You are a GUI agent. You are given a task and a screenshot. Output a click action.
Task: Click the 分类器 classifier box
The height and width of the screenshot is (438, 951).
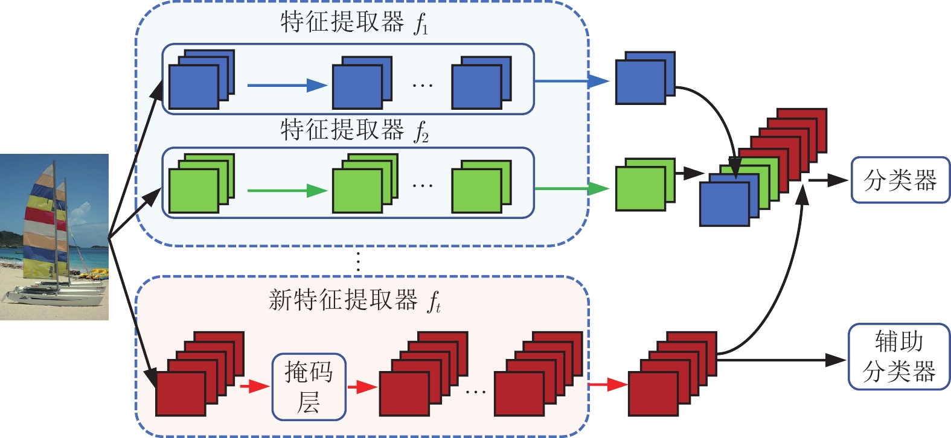pos(900,180)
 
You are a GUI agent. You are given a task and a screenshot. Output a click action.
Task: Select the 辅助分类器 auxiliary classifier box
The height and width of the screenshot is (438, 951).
pos(899,357)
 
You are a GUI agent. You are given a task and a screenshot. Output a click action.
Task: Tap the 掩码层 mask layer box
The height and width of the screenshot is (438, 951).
pos(309,387)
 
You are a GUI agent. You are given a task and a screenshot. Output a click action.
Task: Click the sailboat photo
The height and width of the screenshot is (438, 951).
pos(54,236)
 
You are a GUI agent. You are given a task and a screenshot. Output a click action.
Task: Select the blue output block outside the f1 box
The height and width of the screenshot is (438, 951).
pos(644,78)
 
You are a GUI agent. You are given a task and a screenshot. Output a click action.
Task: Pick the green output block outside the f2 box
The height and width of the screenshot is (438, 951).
pos(644,185)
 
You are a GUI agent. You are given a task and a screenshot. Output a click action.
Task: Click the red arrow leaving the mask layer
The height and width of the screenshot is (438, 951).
pos(362,386)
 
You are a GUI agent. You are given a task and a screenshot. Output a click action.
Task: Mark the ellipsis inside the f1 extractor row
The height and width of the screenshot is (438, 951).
pos(423,86)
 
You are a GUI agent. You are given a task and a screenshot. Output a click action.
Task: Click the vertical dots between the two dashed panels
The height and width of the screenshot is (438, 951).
pos(359,261)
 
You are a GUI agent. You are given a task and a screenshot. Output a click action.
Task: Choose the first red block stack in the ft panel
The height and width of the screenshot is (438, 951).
pos(199,374)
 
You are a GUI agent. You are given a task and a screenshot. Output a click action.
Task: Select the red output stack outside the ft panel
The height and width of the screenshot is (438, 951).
pos(671,374)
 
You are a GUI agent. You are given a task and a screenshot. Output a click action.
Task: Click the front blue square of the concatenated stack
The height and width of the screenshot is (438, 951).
pos(724,204)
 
